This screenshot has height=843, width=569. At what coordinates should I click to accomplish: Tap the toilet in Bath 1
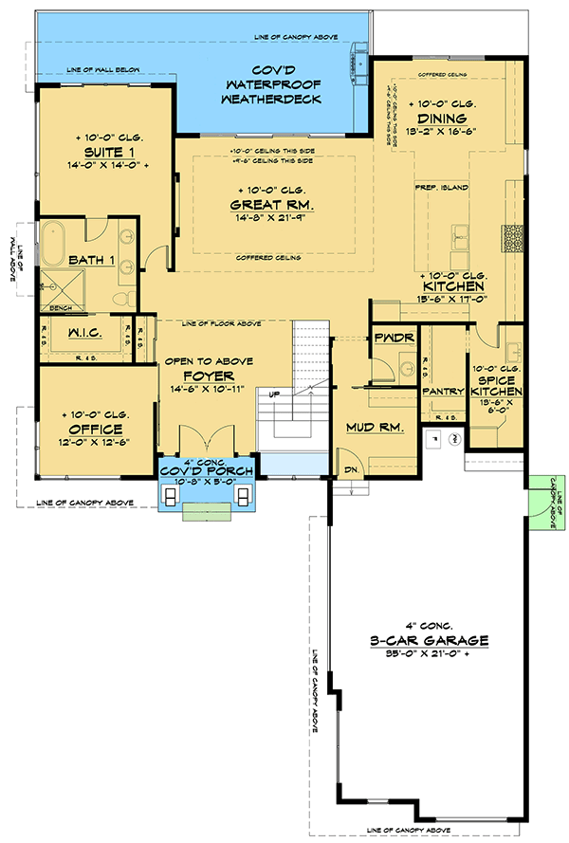click(119, 300)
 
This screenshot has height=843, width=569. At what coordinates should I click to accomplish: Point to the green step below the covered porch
click(206, 515)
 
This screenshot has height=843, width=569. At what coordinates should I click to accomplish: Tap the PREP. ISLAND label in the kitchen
click(441, 188)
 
